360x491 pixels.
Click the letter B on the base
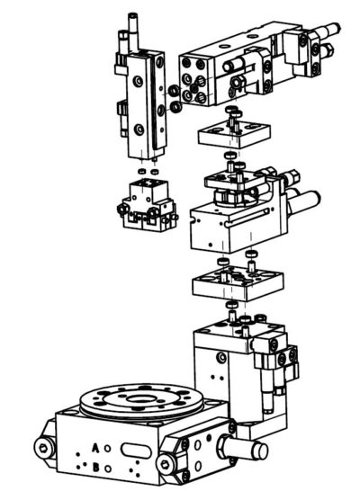click(x=96, y=467)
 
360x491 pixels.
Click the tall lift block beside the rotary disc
click(x=225, y=369)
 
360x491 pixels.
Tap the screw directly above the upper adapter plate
click(x=233, y=112)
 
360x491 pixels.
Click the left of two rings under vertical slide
click(x=142, y=169)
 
